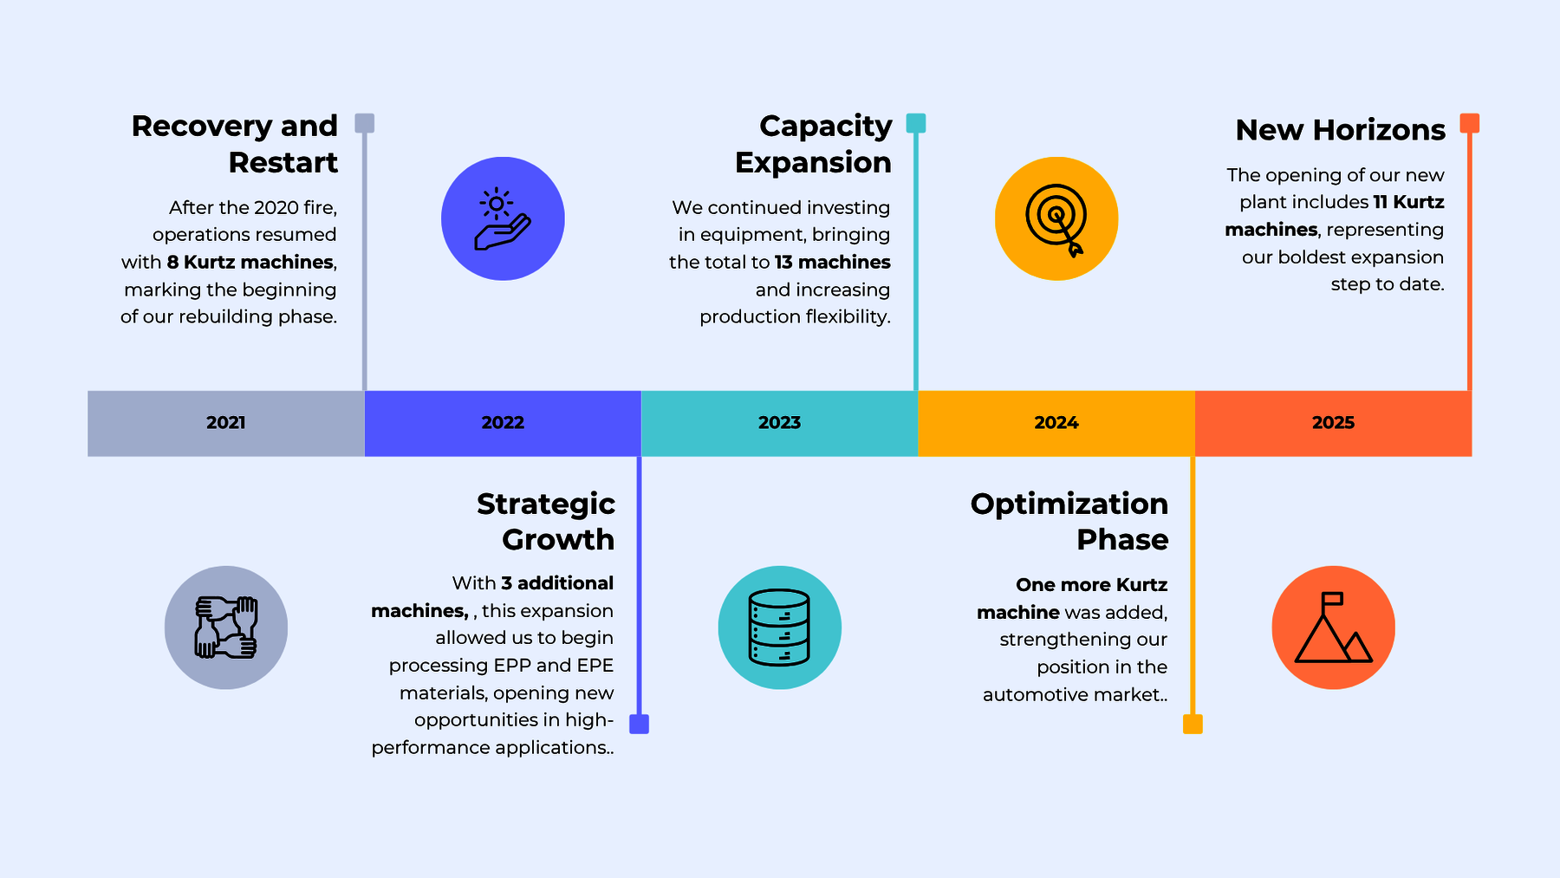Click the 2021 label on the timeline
point(226,423)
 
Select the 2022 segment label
point(503,423)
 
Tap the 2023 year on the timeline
point(779,423)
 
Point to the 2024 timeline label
point(1056,423)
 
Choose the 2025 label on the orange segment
point(1333,423)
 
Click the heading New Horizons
point(1341,130)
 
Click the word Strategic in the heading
point(546,504)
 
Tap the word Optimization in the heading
point(1069,504)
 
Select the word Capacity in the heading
point(826,127)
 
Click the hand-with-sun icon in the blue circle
point(503,218)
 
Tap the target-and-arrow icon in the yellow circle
point(1056,219)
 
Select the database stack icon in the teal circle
point(779,628)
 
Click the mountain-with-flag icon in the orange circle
point(1333,628)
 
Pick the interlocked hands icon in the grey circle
point(226,628)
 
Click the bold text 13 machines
point(833,262)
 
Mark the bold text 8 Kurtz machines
point(250,262)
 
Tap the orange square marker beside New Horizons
point(1469,123)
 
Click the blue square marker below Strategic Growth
point(640,725)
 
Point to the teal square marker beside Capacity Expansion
point(916,123)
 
